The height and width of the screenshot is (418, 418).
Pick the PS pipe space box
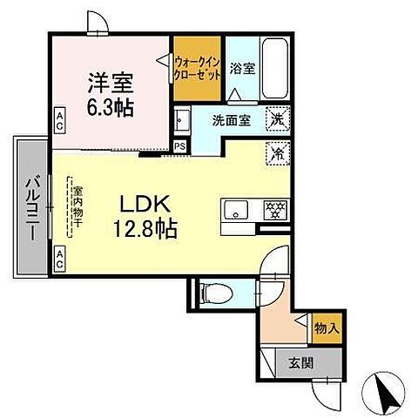click(179, 146)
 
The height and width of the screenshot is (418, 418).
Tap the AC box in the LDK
click(60, 257)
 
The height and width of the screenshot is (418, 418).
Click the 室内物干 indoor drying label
click(76, 208)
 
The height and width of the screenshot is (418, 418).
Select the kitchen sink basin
click(237, 210)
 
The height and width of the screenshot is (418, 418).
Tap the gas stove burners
click(274, 210)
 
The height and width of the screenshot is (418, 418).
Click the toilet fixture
click(217, 291)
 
